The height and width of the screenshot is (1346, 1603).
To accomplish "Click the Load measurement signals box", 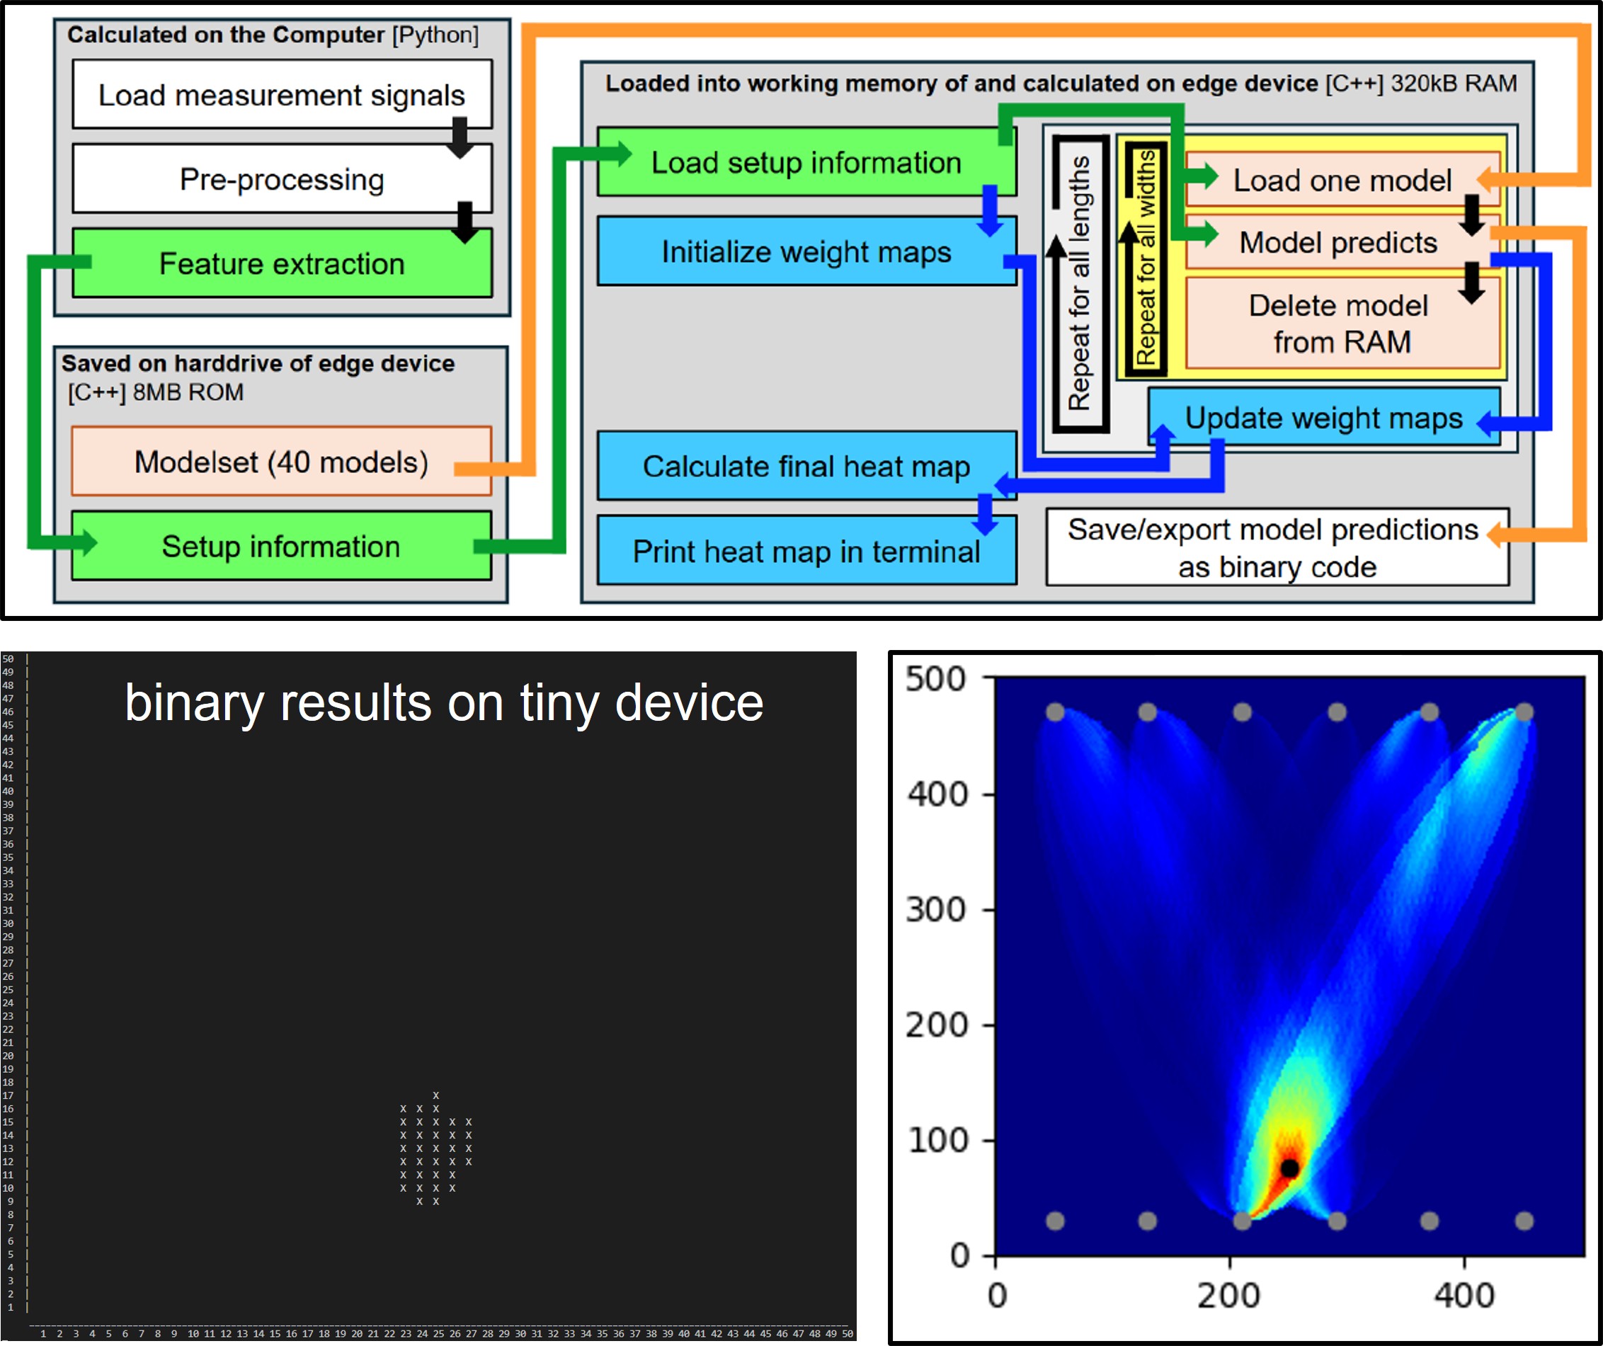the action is pos(282,95).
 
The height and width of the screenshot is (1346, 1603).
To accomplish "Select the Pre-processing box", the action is pos(282,178).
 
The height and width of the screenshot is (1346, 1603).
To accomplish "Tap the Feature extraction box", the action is pos(282,263).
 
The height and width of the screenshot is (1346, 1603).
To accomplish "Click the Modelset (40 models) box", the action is pos(281,461).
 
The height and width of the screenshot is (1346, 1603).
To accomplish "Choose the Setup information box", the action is pos(281,546).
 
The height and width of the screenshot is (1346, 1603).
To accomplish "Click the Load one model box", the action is pos(1342,180).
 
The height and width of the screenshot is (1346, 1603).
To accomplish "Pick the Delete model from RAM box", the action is pos(1342,323).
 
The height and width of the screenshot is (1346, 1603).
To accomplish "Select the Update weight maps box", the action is pos(1323,417).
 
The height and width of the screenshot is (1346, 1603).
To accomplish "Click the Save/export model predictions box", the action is pos(1277,547).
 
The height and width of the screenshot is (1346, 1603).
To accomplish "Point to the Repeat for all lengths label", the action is pos(1079,283).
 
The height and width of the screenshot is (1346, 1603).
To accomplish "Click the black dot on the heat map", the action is pos(1289,1168).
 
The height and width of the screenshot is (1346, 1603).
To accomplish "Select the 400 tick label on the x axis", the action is pos(1464,1296).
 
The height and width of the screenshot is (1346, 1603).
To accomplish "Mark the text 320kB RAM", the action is pos(1454,84).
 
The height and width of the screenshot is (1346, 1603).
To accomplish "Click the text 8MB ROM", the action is pos(188,392).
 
